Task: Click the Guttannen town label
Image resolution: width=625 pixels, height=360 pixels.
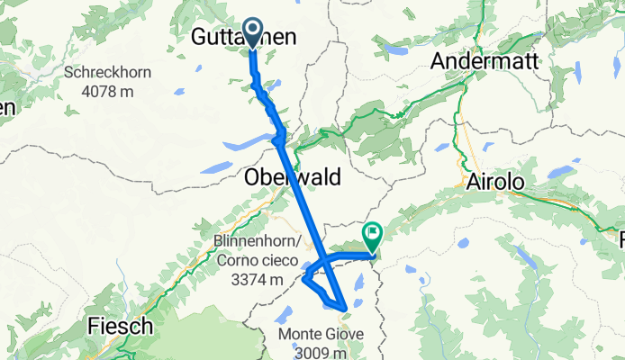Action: click(245, 37)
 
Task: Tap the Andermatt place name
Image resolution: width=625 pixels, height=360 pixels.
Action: click(485, 61)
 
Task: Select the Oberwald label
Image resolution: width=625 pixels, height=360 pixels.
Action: click(293, 178)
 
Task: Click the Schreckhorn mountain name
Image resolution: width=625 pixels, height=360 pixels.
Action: click(107, 73)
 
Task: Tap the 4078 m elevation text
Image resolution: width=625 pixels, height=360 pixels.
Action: click(107, 90)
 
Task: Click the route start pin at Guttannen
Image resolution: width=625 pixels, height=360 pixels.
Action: click(251, 33)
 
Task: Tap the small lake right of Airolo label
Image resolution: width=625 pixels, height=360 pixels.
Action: click(561, 170)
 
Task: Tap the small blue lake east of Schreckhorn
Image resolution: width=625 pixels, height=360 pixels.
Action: click(180, 91)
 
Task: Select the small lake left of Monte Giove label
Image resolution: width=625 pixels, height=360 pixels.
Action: click(282, 316)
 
